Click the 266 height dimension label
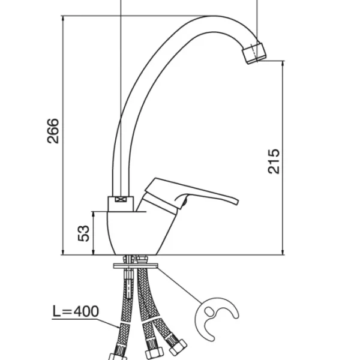[53, 131]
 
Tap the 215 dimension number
[274, 161]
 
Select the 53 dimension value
[83, 233]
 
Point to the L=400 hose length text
[76, 311]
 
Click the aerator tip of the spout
[254, 53]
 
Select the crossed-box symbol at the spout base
[121, 199]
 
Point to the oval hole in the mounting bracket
[209, 311]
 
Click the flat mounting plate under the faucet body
[136, 266]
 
